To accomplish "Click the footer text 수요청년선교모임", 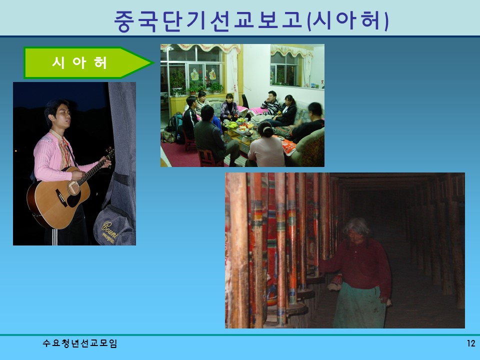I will (x=80, y=343).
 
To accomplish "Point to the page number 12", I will (x=470, y=343).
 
